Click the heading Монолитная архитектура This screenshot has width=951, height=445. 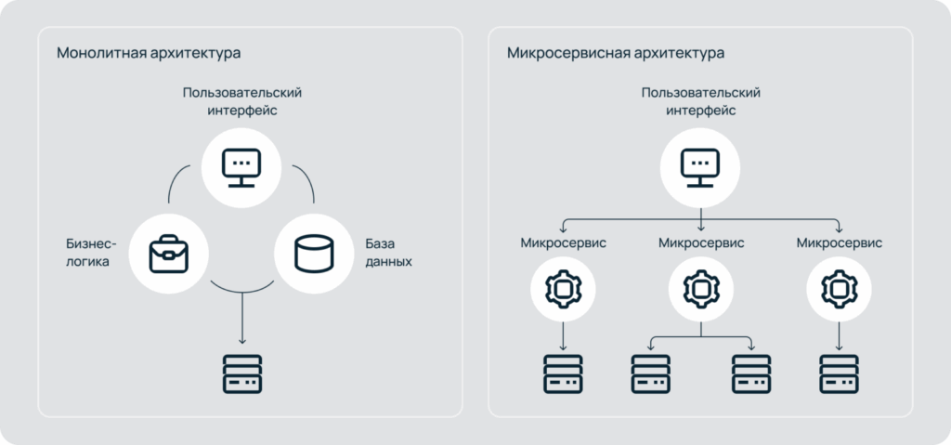pyautogui.click(x=149, y=53)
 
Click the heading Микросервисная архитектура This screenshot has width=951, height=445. pyautogui.click(x=616, y=53)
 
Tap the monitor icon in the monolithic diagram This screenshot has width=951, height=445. pyautogui.click(x=241, y=167)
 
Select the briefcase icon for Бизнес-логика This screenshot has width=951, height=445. pyautogui.click(x=169, y=254)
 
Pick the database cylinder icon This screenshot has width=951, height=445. pyautogui.click(x=314, y=254)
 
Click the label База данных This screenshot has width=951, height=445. pyautogui.click(x=388, y=254)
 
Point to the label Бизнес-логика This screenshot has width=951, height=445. pyautogui.click(x=91, y=254)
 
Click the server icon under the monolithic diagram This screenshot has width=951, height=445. pyautogui.click(x=242, y=374)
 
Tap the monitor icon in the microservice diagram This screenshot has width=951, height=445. pyautogui.click(x=700, y=167)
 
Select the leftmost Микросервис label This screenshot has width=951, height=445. pyautogui.click(x=564, y=243)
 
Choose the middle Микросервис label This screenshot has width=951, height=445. pyautogui.click(x=701, y=243)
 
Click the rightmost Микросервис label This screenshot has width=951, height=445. pyautogui.click(x=840, y=243)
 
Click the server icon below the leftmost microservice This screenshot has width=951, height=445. pyautogui.click(x=563, y=374)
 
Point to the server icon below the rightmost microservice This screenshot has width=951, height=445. pyautogui.click(x=840, y=374)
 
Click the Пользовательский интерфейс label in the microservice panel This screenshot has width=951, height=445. pyautogui.click(x=701, y=102)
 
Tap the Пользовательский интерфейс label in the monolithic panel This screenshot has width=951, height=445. pyautogui.click(x=242, y=102)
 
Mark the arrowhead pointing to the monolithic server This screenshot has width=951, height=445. pyautogui.click(x=242, y=341)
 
